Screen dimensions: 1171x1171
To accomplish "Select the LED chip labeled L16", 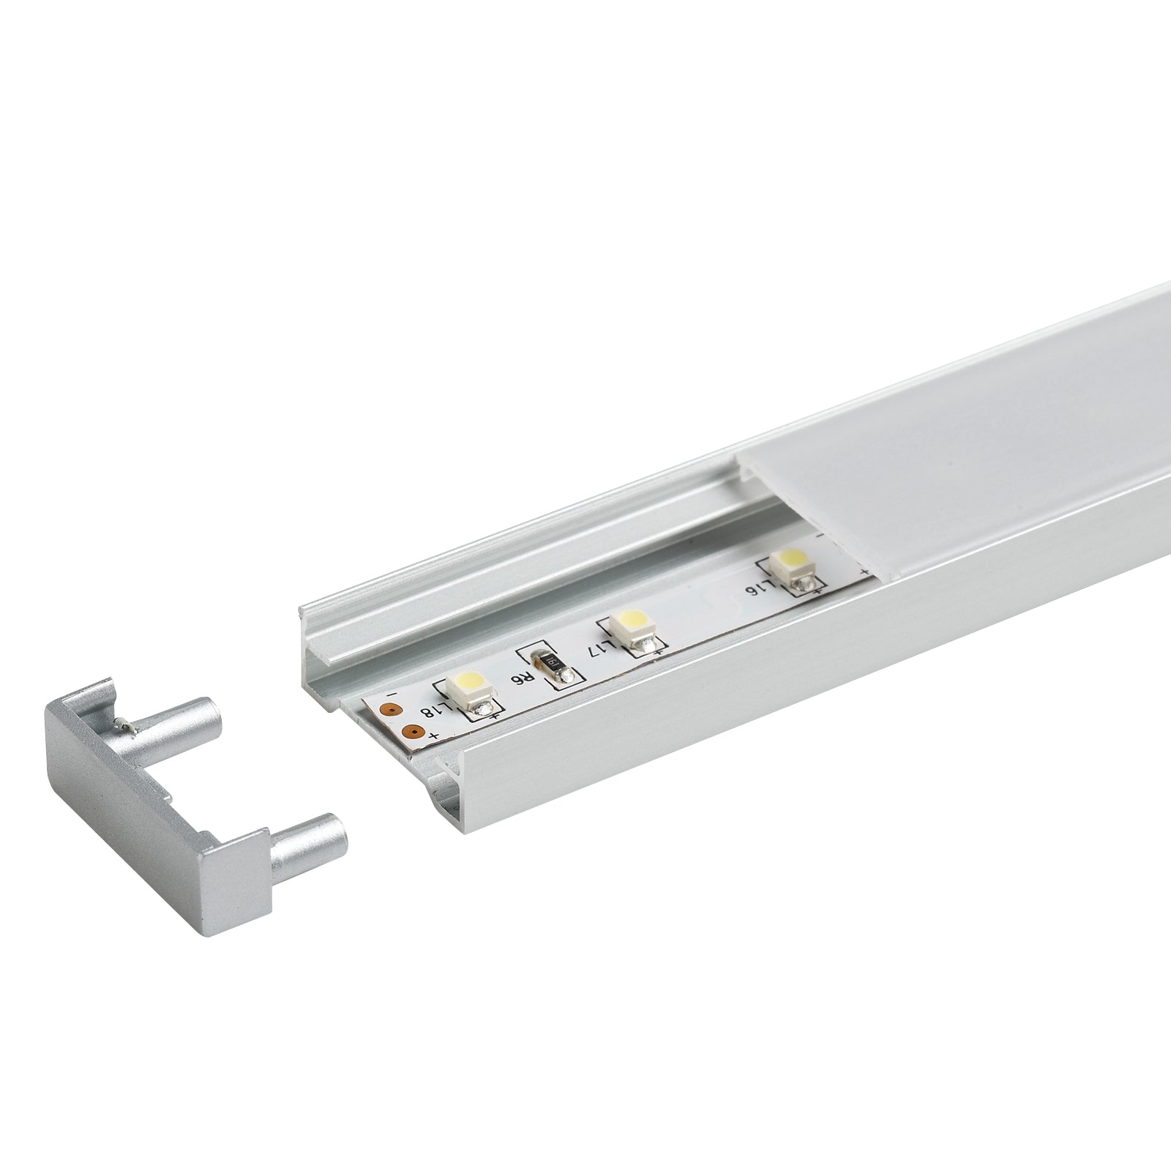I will (793, 563).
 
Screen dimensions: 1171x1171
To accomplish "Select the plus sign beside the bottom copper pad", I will (435, 735).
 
